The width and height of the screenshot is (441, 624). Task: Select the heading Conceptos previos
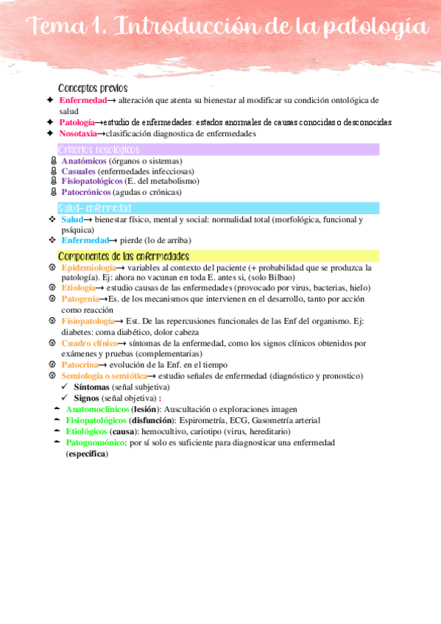coord(93,88)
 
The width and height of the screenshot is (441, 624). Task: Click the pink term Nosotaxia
coord(78,134)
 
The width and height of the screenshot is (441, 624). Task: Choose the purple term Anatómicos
coord(85,161)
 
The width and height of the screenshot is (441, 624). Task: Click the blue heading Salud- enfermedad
coord(94,208)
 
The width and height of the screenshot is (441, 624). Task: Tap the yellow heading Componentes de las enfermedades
coord(124,256)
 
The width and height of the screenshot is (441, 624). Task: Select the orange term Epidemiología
coord(88,268)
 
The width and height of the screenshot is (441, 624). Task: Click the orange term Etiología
coord(78,288)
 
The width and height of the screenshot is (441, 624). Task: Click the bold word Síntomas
coord(92,386)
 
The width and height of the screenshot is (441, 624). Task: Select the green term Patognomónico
coord(95,443)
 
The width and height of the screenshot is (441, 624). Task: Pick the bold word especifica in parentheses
coord(87,454)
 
